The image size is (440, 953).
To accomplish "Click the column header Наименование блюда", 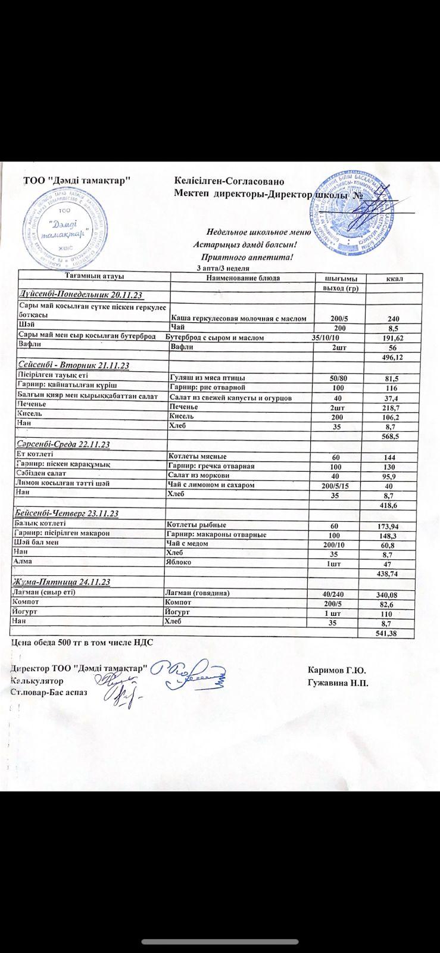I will [x=242, y=278].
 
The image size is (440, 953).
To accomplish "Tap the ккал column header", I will [x=392, y=279].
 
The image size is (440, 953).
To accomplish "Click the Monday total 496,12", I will [x=391, y=357].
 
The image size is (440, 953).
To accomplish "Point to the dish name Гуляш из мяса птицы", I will [x=207, y=378].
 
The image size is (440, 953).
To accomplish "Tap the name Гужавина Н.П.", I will [x=338, y=682].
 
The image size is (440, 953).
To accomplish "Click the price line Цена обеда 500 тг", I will [x=82, y=643].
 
